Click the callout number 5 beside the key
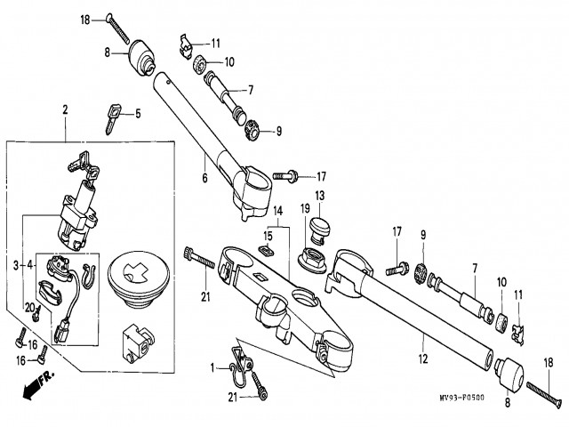click(138, 114)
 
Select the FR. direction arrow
click(38, 384)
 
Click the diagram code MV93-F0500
click(461, 398)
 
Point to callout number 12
click(423, 359)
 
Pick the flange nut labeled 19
click(312, 259)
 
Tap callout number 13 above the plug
click(320, 196)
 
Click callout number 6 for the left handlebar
click(205, 178)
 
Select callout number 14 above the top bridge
click(277, 211)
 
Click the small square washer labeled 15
click(267, 251)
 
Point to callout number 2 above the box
click(65, 109)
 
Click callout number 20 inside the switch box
click(29, 308)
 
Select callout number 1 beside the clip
click(213, 368)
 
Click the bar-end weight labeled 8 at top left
click(141, 57)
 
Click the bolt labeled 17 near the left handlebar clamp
click(285, 176)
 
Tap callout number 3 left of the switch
click(16, 265)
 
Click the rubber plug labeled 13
click(320, 230)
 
